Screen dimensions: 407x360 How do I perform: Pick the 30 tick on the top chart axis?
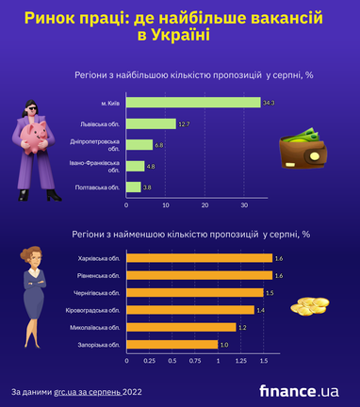tap(243, 205)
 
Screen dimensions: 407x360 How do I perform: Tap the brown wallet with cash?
tap(302, 150)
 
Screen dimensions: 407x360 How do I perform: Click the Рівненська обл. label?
tap(99, 275)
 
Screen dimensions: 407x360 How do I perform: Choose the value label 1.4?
tap(261, 310)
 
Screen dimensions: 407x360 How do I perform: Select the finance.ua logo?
tap(299, 391)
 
